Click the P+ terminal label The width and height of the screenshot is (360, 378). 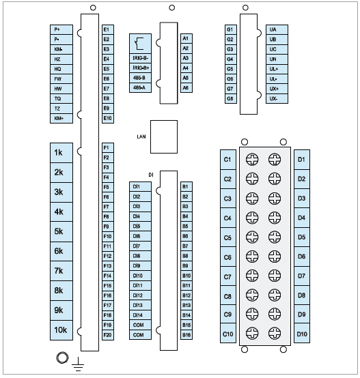coord(61,29)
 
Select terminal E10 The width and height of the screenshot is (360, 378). coord(108,118)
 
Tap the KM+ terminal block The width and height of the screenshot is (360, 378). coord(61,118)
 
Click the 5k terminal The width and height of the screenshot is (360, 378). coord(61,232)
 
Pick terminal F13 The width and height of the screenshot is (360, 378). coord(108,266)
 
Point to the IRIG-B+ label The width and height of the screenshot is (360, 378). coord(141,68)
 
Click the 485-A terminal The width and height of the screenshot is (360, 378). coord(141,88)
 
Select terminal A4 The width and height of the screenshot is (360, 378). coord(186,68)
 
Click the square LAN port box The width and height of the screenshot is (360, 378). coord(164,136)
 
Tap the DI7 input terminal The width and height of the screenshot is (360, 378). coord(141,246)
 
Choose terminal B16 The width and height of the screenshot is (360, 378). coord(186,335)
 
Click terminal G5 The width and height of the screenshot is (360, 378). coord(231,69)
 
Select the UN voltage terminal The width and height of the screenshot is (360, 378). coord(277,59)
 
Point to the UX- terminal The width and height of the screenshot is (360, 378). coord(277,99)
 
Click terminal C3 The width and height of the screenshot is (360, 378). coord(228,199)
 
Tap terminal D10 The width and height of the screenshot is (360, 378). coord(302,333)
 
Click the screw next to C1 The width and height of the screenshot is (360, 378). coord(252,160)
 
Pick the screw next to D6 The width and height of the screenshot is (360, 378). coord(275,257)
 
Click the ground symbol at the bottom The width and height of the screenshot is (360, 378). coord(78,364)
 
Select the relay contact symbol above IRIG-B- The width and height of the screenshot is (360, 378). coord(139,44)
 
